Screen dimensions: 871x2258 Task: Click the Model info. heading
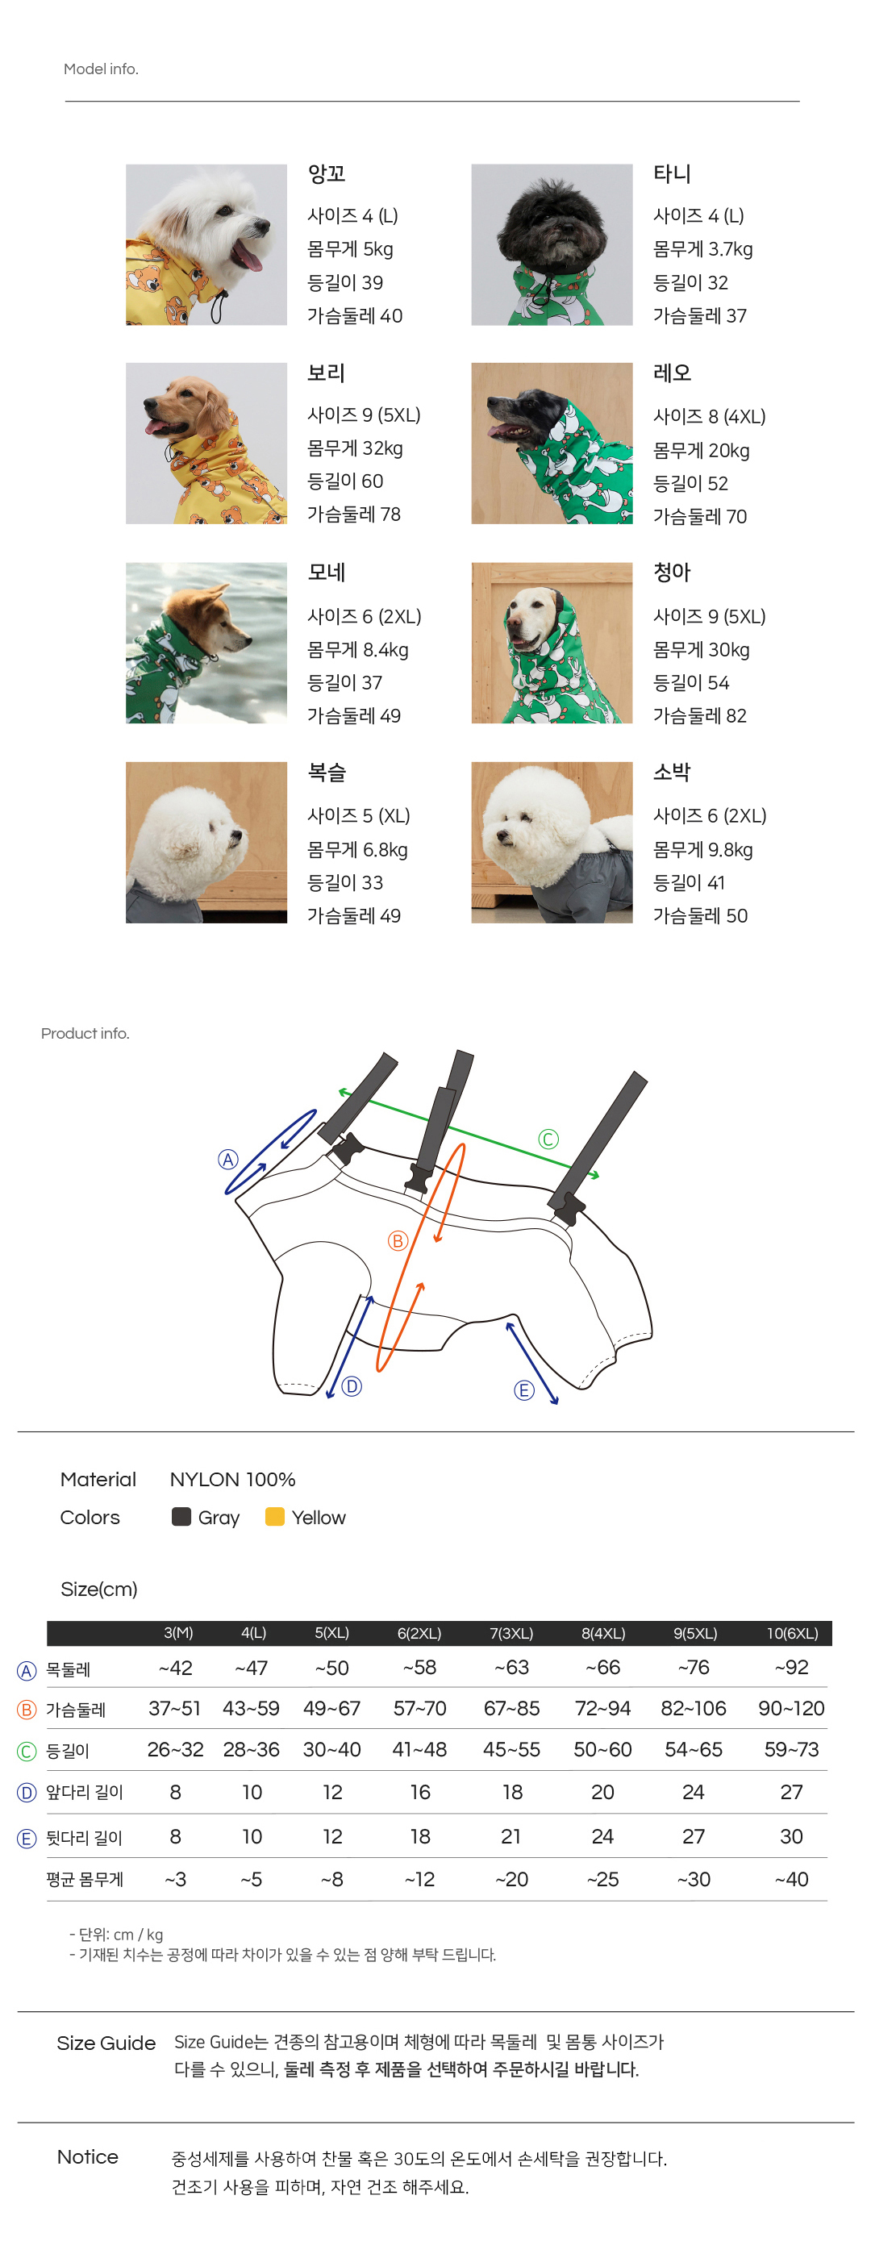click(x=101, y=69)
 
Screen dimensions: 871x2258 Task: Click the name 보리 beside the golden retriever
click(x=326, y=373)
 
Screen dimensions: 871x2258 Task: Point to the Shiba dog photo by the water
click(x=206, y=643)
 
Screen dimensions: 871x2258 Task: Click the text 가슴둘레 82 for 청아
click(x=699, y=715)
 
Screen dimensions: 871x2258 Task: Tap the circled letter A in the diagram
click(x=227, y=1160)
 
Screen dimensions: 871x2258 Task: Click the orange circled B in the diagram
click(x=398, y=1240)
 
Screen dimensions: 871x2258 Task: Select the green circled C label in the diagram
click(x=548, y=1139)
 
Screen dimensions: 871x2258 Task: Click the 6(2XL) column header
click(x=419, y=1633)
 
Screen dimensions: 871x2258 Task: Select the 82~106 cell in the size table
click(x=693, y=1707)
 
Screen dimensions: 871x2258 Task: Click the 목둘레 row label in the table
click(x=68, y=1670)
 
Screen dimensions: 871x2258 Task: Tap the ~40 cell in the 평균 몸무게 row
click(x=791, y=1878)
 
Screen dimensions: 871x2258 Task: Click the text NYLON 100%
click(x=232, y=1479)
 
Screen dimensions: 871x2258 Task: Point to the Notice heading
click(x=88, y=2156)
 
